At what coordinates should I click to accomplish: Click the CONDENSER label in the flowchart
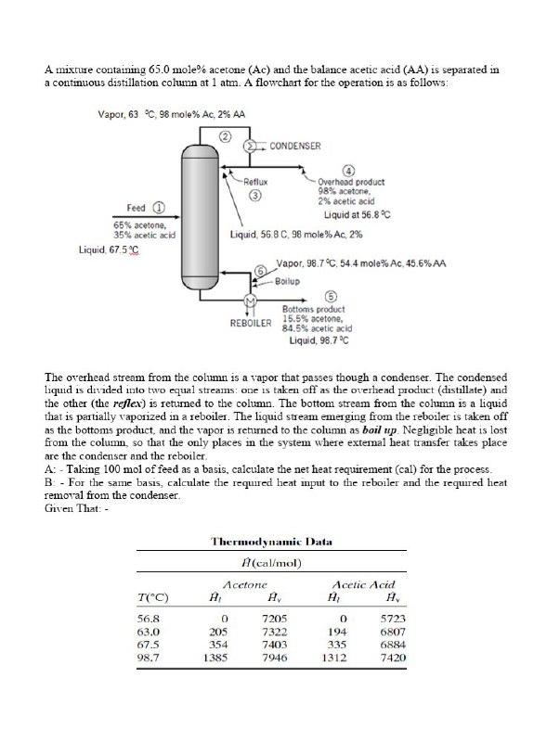(x=294, y=146)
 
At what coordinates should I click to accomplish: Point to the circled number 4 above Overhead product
(x=348, y=170)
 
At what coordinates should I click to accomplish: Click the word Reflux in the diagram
(x=255, y=182)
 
